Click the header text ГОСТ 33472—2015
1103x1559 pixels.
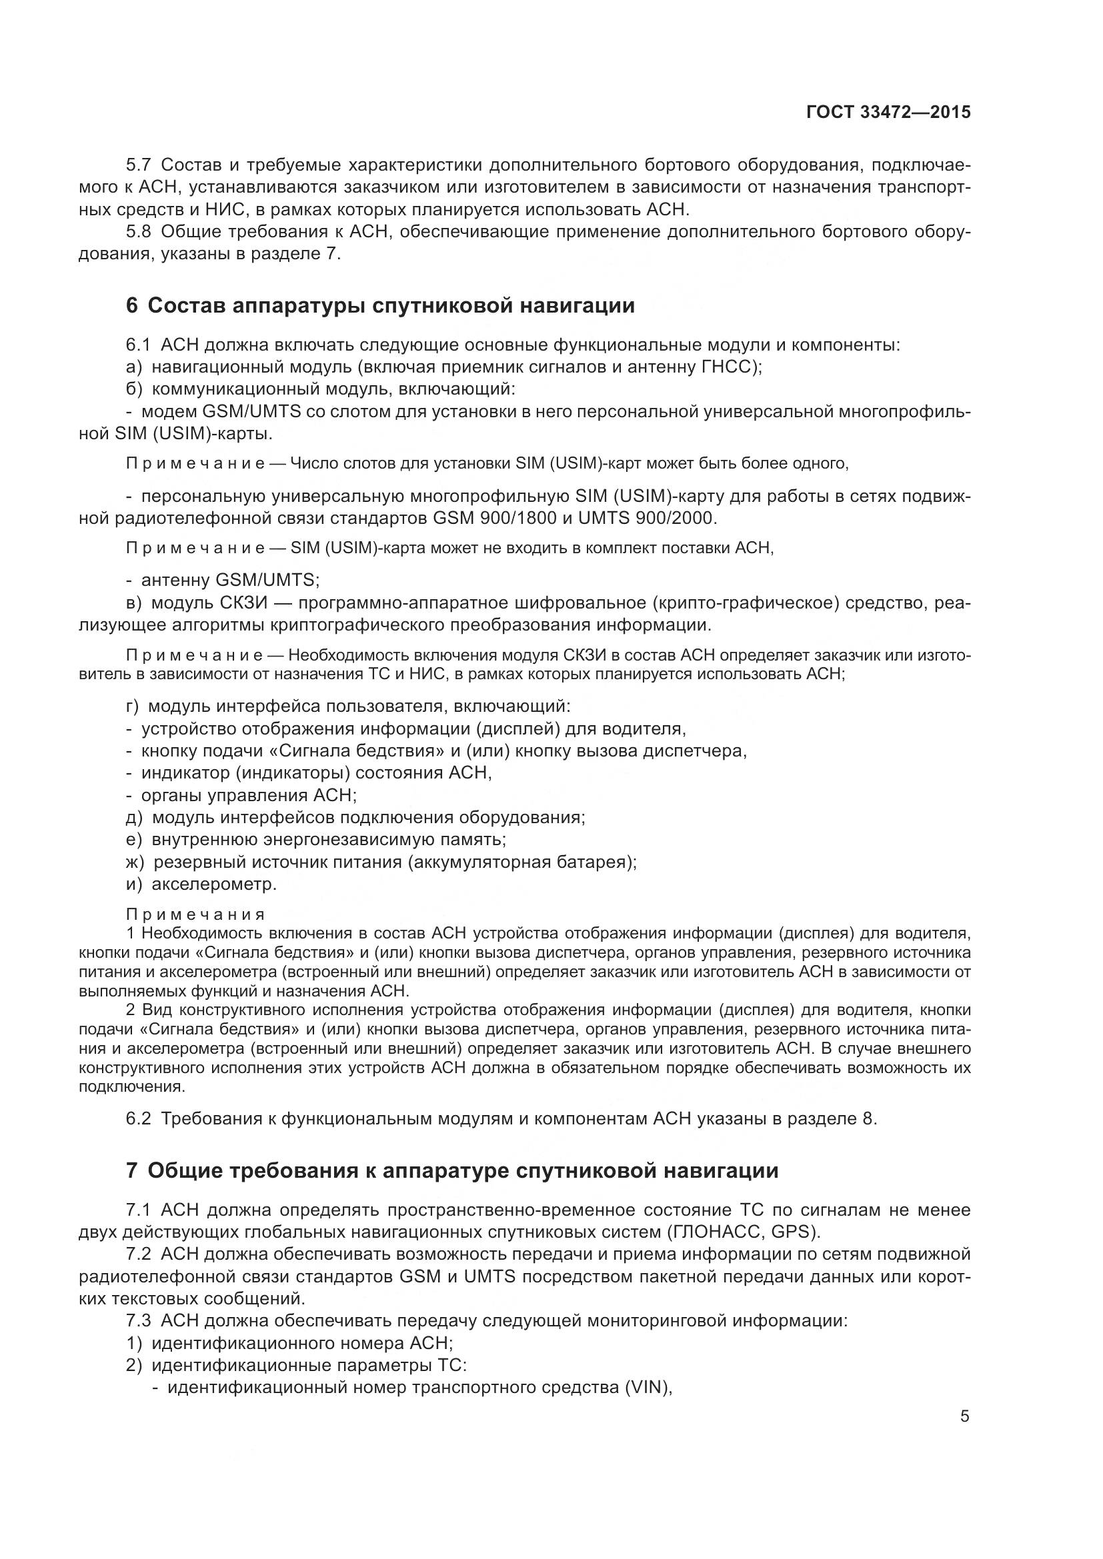click(888, 113)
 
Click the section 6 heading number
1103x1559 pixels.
click(132, 306)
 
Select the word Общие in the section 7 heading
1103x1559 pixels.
click(180, 1170)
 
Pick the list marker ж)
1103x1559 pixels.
click(135, 862)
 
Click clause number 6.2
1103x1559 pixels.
click(139, 1119)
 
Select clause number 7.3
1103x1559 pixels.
click(139, 1321)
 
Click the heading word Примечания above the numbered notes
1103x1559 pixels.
click(195, 914)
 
